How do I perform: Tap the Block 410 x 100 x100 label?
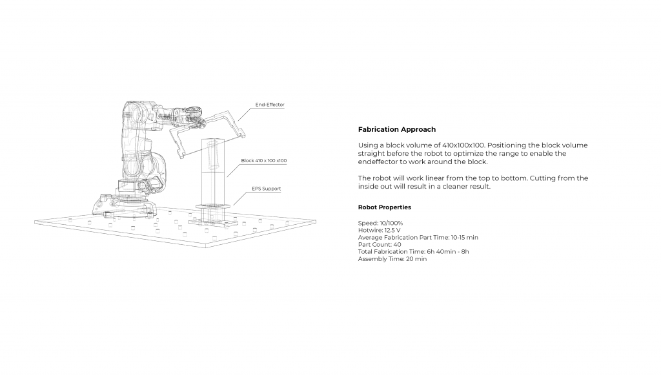(263, 160)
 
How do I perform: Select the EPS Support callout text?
(266, 189)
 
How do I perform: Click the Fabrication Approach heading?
(396, 130)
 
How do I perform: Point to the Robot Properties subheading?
(384, 207)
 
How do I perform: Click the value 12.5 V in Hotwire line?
(392, 230)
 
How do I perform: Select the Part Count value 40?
(397, 244)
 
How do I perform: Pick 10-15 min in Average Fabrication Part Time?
(464, 237)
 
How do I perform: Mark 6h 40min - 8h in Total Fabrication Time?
(448, 252)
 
